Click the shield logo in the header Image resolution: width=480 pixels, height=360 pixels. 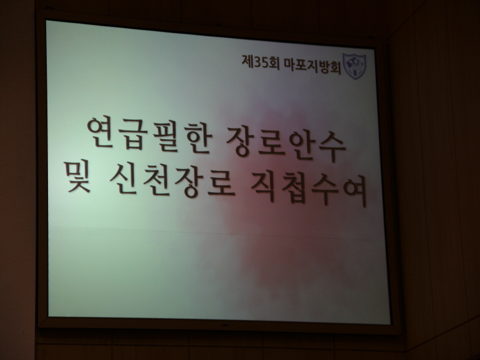355,66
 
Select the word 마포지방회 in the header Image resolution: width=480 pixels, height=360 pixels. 312,65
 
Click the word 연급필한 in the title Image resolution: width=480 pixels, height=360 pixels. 149,135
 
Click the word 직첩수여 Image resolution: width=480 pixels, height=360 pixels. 309,190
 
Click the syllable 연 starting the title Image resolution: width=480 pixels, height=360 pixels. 100,132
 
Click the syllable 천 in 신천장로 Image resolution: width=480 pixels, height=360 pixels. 155,181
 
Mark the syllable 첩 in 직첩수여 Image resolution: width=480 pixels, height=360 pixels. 293,189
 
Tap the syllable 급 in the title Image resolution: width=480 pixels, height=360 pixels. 132,134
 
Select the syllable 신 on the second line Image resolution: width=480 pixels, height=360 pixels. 123,179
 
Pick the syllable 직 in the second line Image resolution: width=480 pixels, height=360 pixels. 263,188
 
